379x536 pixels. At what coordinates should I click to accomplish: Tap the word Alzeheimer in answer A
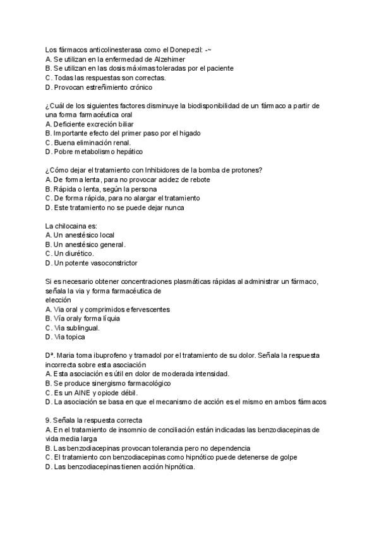point(167,59)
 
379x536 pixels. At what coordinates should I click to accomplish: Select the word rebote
point(196,180)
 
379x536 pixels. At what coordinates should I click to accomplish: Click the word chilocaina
point(75,226)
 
